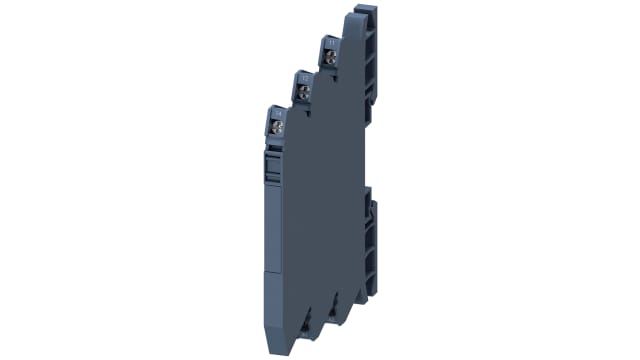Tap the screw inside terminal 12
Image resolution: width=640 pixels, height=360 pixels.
pos(301,91)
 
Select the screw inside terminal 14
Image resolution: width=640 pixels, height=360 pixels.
pos(276,127)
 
